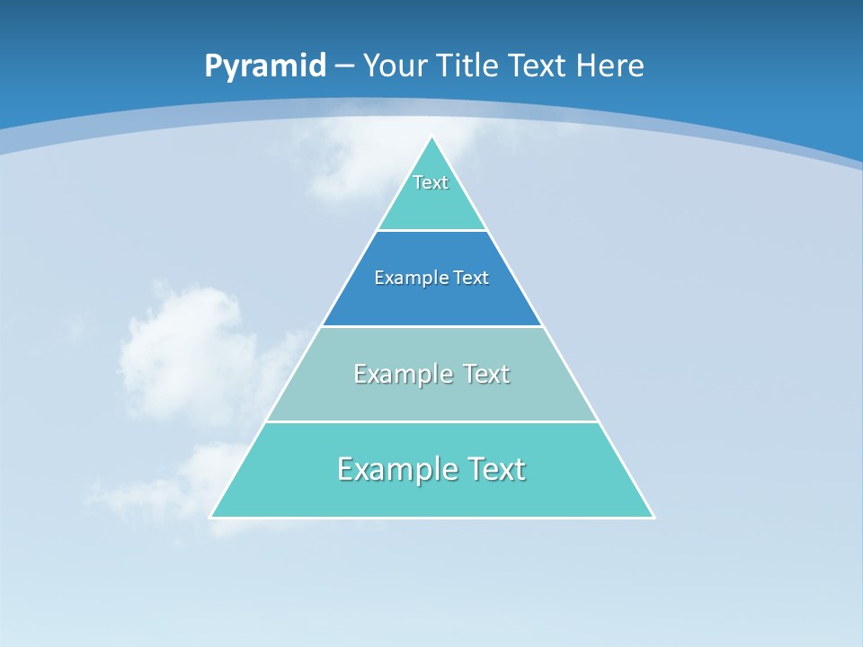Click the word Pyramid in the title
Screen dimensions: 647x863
click(x=264, y=66)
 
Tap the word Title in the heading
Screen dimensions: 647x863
click(x=467, y=66)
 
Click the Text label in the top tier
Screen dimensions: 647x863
click(x=431, y=182)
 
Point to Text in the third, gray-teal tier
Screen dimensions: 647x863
click(x=486, y=374)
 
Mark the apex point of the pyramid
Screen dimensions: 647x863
click(x=432, y=137)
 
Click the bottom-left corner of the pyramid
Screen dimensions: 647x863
click(x=211, y=517)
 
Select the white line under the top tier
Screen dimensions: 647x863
click(x=431, y=231)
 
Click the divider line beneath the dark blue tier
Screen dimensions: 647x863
click(x=431, y=326)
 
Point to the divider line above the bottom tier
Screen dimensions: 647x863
click(x=431, y=421)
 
